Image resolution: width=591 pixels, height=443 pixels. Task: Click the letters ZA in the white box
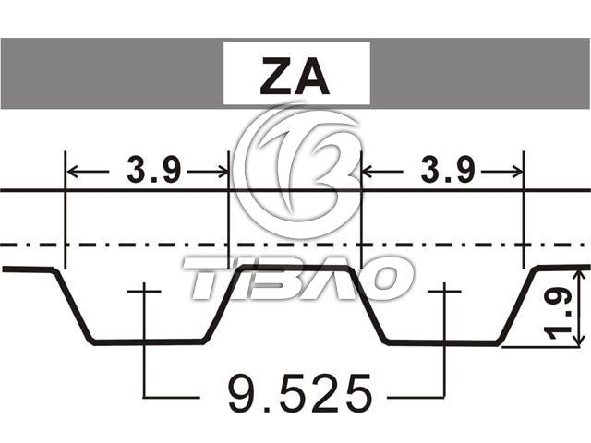coord(295,76)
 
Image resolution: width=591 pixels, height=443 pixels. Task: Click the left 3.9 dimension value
coord(153,170)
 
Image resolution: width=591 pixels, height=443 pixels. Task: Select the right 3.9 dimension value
coord(447,170)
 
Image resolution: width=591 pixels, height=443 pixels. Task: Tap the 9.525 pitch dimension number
coord(299,393)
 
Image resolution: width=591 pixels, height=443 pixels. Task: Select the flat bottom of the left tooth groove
coord(149,341)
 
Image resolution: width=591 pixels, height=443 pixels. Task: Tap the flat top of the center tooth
coord(295,268)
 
